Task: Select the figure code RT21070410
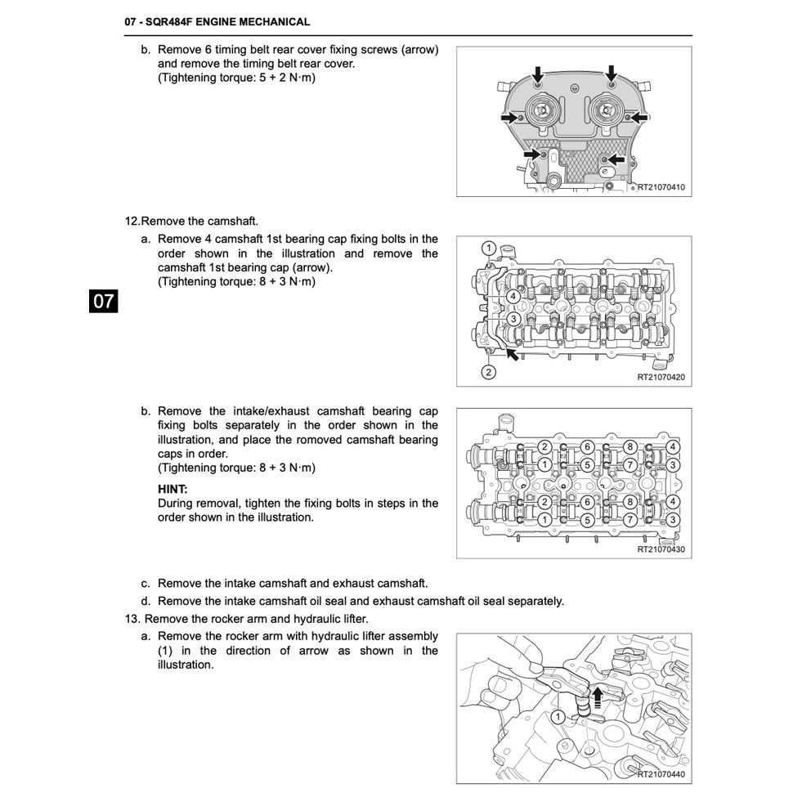click(x=661, y=188)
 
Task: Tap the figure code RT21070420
click(x=661, y=378)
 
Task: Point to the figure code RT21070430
click(x=661, y=549)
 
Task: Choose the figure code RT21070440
click(x=661, y=773)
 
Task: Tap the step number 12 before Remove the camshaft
click(x=132, y=221)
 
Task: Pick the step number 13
click(x=132, y=618)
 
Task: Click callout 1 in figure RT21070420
click(x=488, y=248)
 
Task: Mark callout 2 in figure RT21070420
click(x=488, y=372)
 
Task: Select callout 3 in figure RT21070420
click(x=513, y=319)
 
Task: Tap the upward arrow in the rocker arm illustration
click(x=598, y=696)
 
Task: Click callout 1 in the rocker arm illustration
click(x=558, y=717)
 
